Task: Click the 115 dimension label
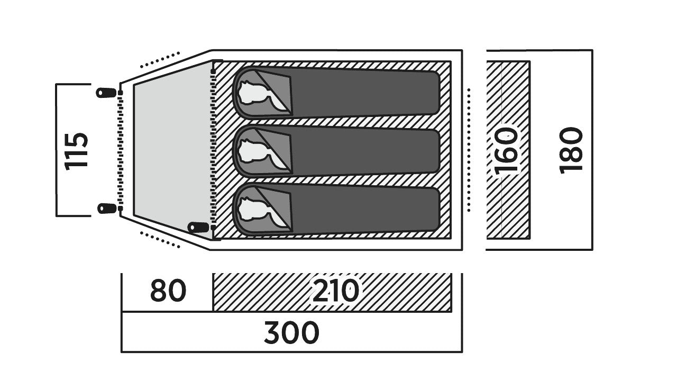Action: pos(76,151)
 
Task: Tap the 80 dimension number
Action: pos(168,291)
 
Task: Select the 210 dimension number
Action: pos(335,291)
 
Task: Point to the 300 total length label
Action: pos(291,333)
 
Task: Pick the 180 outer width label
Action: pos(571,150)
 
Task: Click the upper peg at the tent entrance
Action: pos(106,93)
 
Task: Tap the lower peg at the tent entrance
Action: pos(107,209)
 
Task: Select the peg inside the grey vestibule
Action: pos(198,227)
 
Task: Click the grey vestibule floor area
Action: pos(173,151)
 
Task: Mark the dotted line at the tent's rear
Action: pos(469,150)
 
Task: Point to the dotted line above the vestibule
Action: pos(160,60)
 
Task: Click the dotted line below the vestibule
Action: pos(160,240)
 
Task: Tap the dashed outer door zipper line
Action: pos(120,150)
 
